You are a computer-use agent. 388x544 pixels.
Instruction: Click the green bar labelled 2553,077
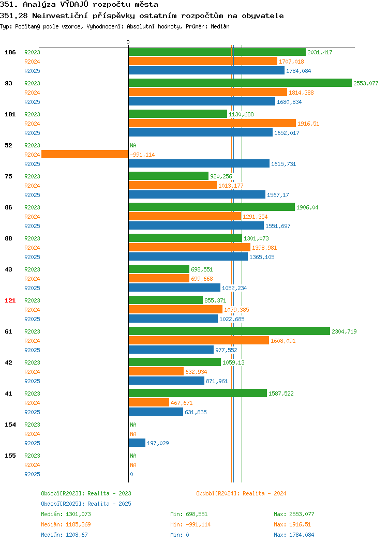pos(240,83)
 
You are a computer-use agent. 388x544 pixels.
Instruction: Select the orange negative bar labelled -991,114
pos(85,155)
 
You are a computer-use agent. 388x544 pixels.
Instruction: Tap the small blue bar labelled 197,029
pos(137,443)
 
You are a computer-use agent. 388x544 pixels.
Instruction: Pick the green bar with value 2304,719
pos(229,331)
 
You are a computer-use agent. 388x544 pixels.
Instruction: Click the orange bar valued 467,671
pos(149,402)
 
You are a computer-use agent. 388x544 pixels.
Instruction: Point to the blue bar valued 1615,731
pos(199,163)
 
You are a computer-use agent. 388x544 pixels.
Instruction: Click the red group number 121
pos(10,300)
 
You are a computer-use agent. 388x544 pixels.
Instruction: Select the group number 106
pos(10,52)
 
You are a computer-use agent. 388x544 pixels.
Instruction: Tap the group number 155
pos(10,456)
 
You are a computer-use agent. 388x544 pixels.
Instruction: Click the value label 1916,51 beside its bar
pos(308,124)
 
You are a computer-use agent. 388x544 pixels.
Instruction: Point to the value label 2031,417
pos(320,52)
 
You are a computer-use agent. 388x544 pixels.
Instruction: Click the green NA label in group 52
pos(133,145)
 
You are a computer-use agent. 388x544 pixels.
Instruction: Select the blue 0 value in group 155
pos(131,474)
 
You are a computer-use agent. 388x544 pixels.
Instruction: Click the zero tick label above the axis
pos(128,42)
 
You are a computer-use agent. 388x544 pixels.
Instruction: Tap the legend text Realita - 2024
pos(264,493)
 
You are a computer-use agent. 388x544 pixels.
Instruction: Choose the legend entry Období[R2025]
pos(63,504)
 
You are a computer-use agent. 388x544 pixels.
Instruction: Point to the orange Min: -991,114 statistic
pos(190,524)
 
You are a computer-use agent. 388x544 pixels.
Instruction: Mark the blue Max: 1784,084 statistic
pos(294,535)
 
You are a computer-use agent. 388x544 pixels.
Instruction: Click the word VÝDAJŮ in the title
pos(74,5)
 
